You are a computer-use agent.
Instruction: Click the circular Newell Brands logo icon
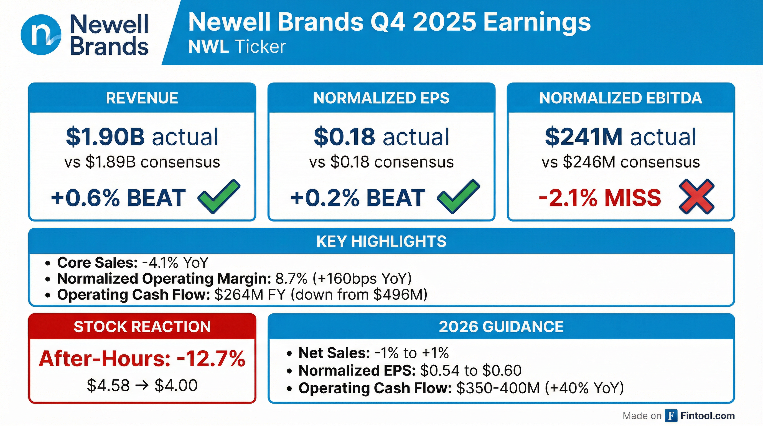[x=41, y=35]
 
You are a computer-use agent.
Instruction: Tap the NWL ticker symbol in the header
[x=208, y=47]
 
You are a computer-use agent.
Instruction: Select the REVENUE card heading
[x=142, y=98]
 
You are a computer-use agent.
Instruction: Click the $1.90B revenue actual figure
[x=105, y=137]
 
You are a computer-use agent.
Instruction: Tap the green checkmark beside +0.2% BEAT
[x=458, y=196]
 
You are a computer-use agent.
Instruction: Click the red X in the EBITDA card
[x=697, y=196]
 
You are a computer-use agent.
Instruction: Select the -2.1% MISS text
[x=600, y=198]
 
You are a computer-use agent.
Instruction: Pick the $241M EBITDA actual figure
[x=584, y=137]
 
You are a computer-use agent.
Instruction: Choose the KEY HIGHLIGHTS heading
[x=381, y=242]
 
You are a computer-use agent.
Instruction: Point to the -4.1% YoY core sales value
[x=175, y=262]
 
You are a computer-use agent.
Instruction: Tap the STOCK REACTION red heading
[x=142, y=327]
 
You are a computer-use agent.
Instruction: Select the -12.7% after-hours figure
[x=211, y=359]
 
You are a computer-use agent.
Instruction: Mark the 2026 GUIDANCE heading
[x=501, y=327]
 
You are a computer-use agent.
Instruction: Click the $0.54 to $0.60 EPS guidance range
[x=471, y=370]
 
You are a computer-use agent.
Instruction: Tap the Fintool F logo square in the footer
[x=671, y=416]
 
